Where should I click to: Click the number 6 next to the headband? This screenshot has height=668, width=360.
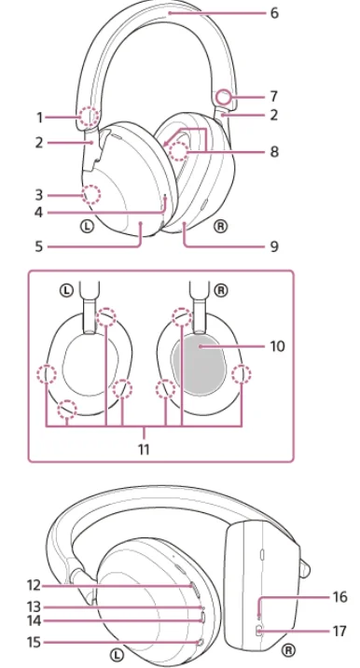coord(274,13)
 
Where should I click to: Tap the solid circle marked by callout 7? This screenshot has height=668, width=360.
coord(223,98)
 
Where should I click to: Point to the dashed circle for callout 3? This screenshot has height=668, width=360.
coord(91,195)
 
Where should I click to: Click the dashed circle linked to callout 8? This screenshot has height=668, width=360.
coord(178,151)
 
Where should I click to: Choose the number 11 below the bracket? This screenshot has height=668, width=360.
coord(144,449)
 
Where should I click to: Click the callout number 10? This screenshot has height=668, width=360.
coord(277,346)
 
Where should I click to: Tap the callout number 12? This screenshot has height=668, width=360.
coord(34,586)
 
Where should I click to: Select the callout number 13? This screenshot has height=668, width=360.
coord(34,606)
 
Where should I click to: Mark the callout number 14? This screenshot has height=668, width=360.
coord(34,620)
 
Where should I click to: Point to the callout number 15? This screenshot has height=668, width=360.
coord(34,642)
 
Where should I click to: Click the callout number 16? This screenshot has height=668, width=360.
coord(339,597)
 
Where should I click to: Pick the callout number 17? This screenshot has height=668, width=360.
coord(339,631)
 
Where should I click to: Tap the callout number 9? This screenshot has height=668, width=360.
coord(274,245)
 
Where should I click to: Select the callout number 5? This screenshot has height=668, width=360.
coord(39,246)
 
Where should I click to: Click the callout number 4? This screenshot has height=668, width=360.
coord(39,212)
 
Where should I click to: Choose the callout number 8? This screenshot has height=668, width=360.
coord(274,151)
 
